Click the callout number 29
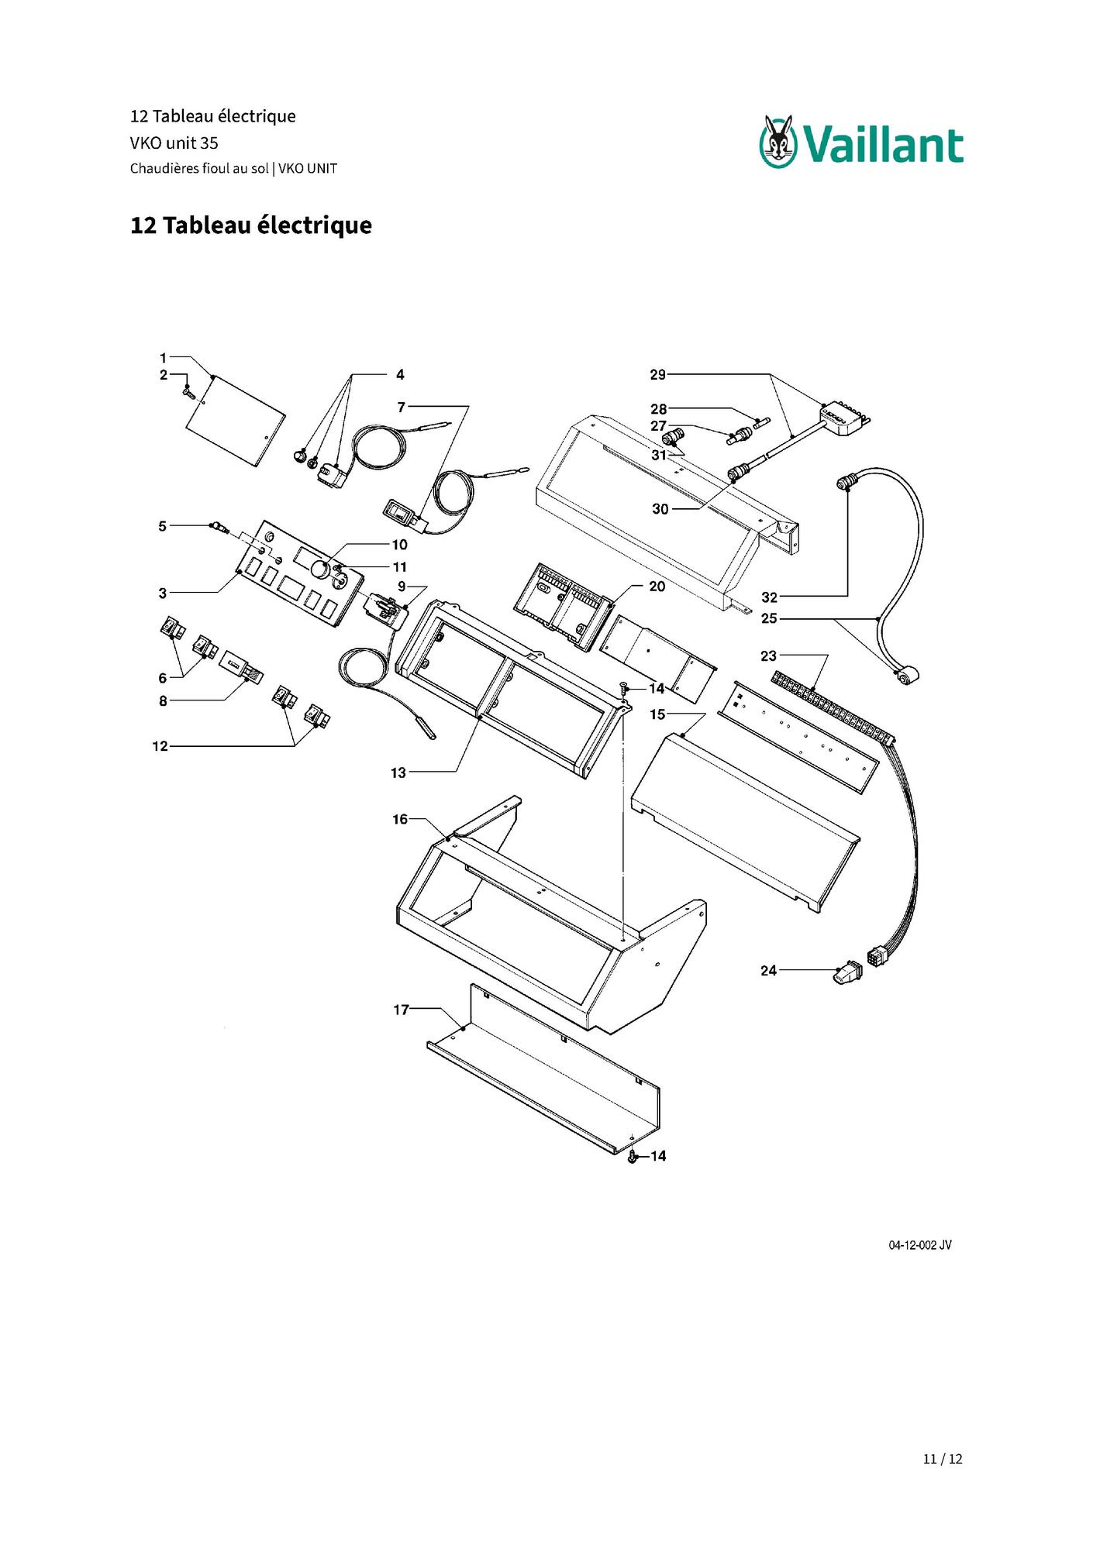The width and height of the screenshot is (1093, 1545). tap(657, 375)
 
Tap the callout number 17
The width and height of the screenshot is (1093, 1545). tap(401, 1010)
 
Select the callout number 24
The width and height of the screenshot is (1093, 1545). tap(768, 970)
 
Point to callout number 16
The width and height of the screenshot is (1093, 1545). tap(400, 819)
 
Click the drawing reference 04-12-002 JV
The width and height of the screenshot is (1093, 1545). tap(920, 1245)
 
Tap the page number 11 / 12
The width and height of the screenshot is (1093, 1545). tap(943, 1459)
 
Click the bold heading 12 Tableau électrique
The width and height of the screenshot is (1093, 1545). tap(251, 225)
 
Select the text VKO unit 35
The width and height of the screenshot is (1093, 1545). tap(174, 143)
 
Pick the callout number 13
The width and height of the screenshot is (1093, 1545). tap(398, 772)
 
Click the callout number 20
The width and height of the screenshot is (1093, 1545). tap(657, 587)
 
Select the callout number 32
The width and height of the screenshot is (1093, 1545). tap(769, 597)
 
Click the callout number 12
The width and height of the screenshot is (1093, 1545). tap(160, 746)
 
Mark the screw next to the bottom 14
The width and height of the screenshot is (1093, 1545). tap(633, 1157)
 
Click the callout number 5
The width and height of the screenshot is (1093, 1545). tap(163, 526)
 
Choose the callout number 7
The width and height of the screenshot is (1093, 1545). tap(401, 407)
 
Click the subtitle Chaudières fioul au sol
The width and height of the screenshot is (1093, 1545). tap(199, 168)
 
